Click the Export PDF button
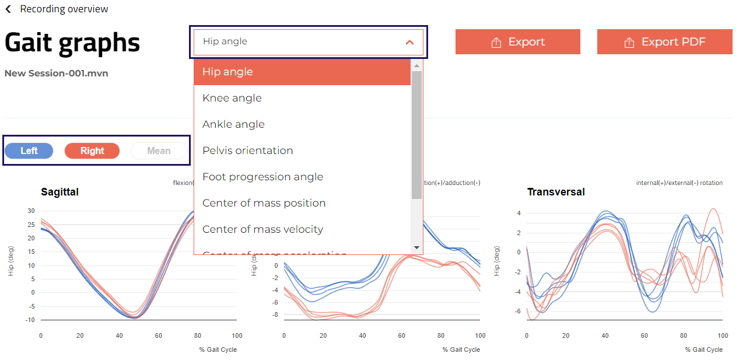coord(664,42)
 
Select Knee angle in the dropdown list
coord(232,98)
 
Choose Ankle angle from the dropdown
coord(233,124)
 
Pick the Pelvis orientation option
coord(248,151)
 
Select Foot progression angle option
coord(262,177)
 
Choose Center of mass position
coord(264,203)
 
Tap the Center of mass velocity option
coord(262,229)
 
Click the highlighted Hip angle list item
coord(227,72)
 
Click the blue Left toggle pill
coord(29,151)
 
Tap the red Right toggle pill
coord(92,151)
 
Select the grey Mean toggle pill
coord(159,151)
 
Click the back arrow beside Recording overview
coord(8,9)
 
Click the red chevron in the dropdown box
coord(409,42)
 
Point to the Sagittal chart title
coord(59,192)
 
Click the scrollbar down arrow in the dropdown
coord(416,247)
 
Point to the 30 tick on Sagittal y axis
coord(31,211)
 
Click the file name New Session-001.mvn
coord(56,74)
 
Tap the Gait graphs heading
coord(72,43)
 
